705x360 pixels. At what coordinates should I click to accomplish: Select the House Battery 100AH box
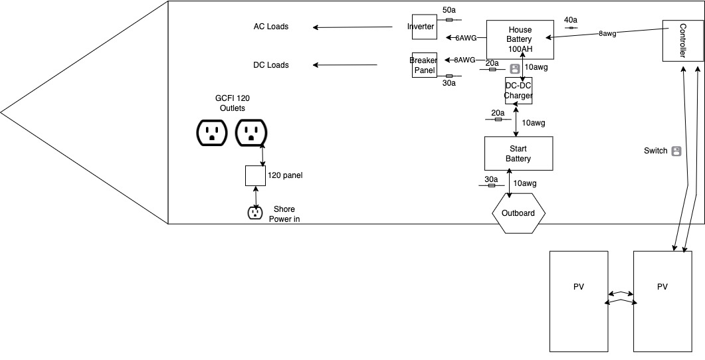520,39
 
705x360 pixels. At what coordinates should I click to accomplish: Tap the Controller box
682,41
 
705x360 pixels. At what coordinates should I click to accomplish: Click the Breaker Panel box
424,65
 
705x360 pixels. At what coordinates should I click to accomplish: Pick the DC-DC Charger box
518,91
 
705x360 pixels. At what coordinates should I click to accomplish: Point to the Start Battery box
518,154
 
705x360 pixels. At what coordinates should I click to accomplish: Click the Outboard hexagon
518,213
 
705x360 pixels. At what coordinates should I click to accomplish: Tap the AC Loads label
271,27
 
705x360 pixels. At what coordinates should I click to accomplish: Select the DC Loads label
271,65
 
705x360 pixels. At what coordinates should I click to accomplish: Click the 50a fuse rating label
449,10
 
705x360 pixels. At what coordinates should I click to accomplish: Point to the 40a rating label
570,20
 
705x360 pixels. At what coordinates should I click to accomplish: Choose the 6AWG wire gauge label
466,38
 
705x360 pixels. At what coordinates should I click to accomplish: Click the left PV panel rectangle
579,301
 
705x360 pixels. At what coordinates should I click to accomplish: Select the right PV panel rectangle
662,301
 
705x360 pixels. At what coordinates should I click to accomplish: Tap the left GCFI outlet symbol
213,133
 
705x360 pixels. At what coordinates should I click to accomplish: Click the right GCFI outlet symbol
251,133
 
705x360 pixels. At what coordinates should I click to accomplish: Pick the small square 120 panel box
256,176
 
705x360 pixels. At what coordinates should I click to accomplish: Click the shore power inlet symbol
255,213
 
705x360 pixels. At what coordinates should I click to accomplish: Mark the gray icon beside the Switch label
676,151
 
